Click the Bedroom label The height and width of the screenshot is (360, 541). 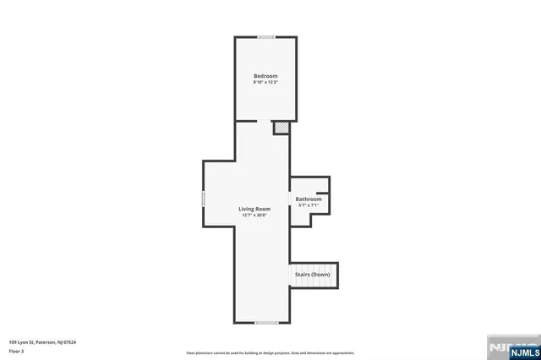click(x=265, y=76)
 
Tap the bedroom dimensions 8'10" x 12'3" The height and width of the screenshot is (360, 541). click(x=265, y=83)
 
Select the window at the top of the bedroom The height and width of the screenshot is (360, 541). click(x=266, y=36)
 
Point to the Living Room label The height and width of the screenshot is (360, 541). click(x=254, y=209)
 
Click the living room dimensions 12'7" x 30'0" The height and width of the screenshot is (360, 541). click(x=254, y=215)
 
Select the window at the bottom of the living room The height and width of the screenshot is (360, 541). click(x=266, y=323)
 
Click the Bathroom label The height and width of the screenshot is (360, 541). click(x=309, y=199)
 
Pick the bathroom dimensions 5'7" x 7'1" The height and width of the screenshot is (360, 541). click(x=309, y=205)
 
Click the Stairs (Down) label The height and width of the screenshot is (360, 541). click(x=312, y=275)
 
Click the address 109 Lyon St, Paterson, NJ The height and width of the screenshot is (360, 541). click(x=34, y=342)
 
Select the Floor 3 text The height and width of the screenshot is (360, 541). click(x=15, y=351)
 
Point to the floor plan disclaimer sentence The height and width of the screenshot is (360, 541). click(x=270, y=352)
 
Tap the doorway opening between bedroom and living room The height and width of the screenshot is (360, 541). click(x=246, y=121)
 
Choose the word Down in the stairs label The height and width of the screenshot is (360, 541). click(x=321, y=275)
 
